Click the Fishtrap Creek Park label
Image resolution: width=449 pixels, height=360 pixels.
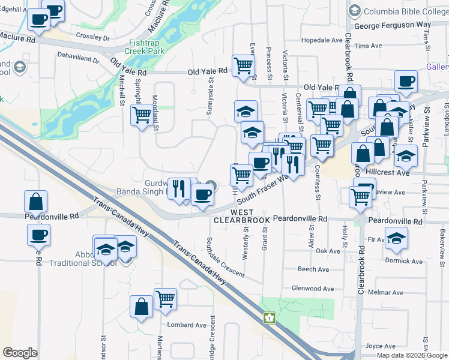[x=148, y=47]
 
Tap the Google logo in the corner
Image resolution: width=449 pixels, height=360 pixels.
[x=20, y=353]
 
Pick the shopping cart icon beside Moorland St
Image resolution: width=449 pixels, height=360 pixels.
[x=142, y=114]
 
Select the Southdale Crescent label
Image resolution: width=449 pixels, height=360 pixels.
[x=225, y=256]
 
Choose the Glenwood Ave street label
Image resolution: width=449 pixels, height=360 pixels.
[x=312, y=289]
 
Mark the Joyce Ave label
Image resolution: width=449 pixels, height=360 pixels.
[x=380, y=346]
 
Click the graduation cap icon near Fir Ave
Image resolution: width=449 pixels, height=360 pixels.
[x=396, y=238]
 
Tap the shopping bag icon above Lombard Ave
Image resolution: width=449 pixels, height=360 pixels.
[x=141, y=307]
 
